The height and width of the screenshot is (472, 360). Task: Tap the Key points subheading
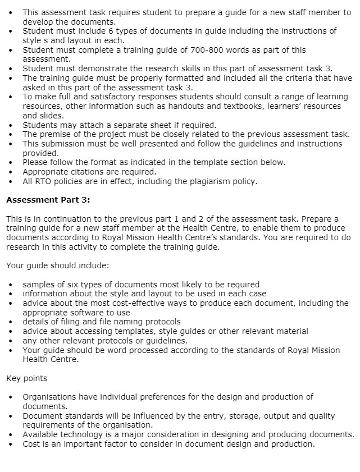coord(26,378)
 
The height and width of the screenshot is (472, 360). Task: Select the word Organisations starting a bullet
coord(51,397)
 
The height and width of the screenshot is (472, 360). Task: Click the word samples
coord(39,285)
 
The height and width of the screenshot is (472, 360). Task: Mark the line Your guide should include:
coord(58,265)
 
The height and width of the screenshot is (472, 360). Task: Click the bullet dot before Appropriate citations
coord(11,172)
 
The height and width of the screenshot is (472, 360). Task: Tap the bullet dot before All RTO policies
coord(11,181)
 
